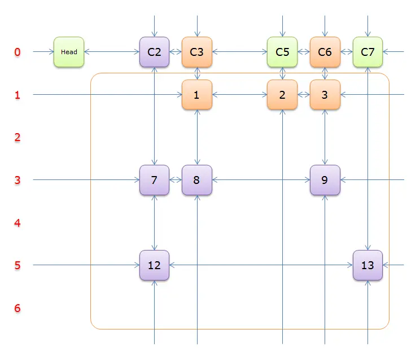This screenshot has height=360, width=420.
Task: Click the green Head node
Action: (69, 52)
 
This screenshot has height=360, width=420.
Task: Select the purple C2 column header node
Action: (154, 52)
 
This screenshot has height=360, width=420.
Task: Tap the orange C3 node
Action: (197, 52)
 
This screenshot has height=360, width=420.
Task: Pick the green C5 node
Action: (282, 52)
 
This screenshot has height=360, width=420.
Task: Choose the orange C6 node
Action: (325, 52)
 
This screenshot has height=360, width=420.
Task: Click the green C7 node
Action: (368, 52)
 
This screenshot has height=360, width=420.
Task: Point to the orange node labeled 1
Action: (197, 94)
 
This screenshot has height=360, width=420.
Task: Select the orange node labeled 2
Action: (282, 94)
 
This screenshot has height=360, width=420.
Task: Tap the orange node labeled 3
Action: (325, 94)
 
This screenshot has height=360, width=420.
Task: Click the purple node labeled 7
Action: (154, 180)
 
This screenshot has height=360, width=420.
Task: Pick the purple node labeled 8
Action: (197, 180)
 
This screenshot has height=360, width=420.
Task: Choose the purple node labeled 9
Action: (325, 180)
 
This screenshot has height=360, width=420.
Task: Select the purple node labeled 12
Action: (154, 265)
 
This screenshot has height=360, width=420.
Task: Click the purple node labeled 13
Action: (368, 265)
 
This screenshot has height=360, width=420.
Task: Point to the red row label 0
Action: (17, 52)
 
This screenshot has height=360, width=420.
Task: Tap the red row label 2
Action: (17, 137)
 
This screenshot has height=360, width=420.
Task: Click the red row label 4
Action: (17, 223)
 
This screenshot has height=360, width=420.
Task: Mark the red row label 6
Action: (17, 308)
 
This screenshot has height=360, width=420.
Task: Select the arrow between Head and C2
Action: (112, 52)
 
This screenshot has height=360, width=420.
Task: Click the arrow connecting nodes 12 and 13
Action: (261, 265)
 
